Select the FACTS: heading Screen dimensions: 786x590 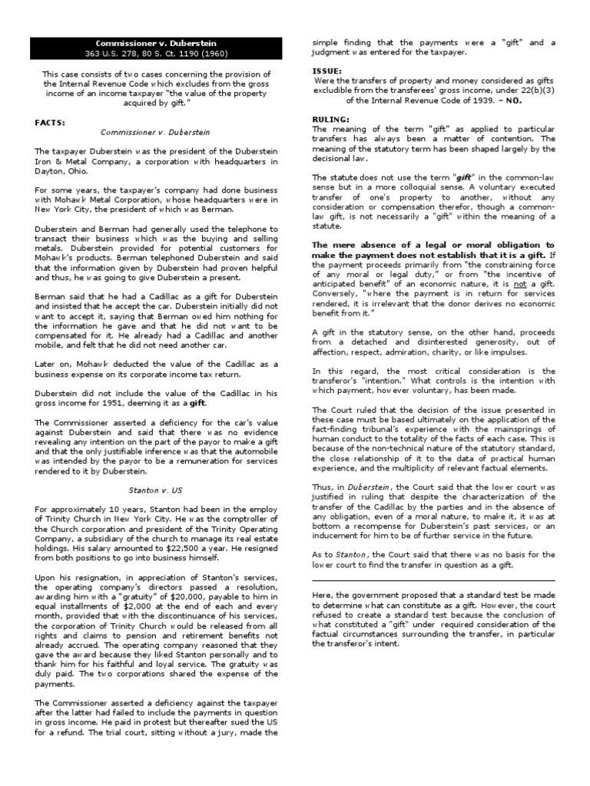(x=51, y=122)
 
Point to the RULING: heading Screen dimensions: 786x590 (x=330, y=119)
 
